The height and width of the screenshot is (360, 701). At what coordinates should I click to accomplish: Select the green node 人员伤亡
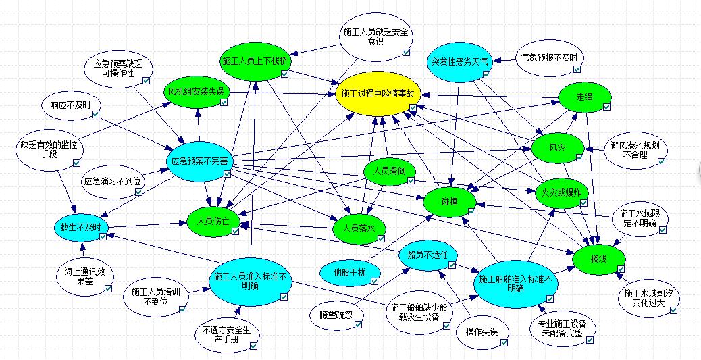(x=214, y=221)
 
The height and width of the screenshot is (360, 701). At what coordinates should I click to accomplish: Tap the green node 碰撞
(x=450, y=201)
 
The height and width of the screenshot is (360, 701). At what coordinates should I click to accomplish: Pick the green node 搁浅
(x=598, y=258)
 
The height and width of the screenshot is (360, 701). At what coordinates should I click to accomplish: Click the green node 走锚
(x=585, y=98)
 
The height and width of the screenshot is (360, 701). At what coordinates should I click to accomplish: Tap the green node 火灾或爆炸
(x=562, y=192)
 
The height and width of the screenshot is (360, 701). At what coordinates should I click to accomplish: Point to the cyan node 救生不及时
(x=81, y=227)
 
